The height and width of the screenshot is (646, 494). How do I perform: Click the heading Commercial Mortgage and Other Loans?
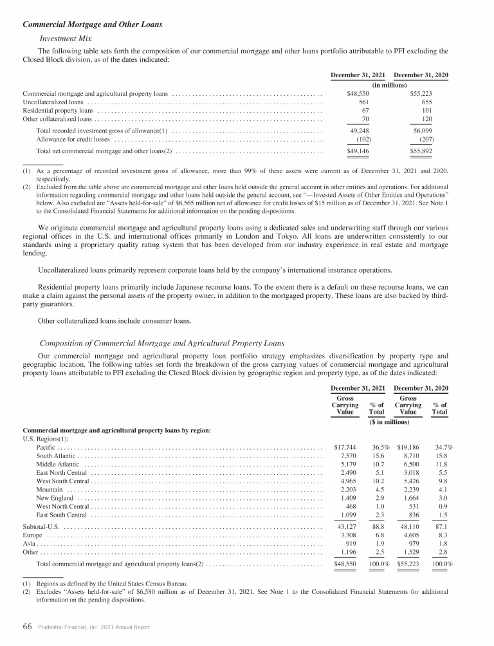click(x=92, y=25)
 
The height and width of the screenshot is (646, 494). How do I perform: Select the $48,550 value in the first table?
click(x=354, y=93)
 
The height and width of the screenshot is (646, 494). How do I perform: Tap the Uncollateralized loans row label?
click(x=53, y=102)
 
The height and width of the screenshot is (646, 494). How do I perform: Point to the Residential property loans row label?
click(x=58, y=110)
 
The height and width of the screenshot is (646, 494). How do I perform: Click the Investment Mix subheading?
click(x=66, y=38)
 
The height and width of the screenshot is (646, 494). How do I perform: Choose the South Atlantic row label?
click(x=56, y=456)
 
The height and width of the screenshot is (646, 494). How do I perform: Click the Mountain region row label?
click(x=50, y=489)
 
